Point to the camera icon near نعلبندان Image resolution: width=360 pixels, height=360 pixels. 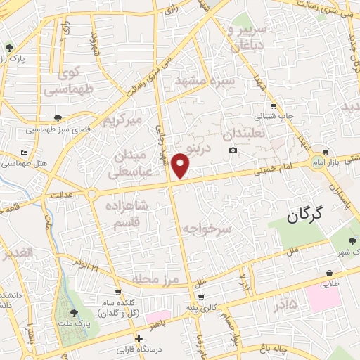click(x=233, y=150)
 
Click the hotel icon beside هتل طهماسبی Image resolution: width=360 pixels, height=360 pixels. click(x=25, y=153)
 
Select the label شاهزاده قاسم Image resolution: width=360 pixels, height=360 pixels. click(x=128, y=214)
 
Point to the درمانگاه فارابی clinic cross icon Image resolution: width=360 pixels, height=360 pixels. click(x=139, y=338)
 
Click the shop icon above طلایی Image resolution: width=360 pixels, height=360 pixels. click(x=329, y=273)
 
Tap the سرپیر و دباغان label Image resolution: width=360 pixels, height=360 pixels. click(x=245, y=36)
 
